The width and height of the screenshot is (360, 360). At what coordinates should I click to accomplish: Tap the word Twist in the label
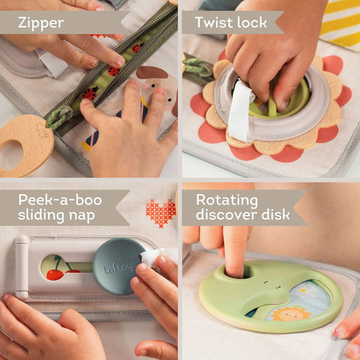click(213, 22)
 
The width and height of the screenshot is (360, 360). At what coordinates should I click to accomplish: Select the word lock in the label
click(251, 22)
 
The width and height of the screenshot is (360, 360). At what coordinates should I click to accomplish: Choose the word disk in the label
click(272, 217)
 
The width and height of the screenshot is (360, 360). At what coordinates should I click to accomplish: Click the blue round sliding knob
click(118, 265)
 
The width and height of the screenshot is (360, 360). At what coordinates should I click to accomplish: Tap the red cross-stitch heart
click(160, 212)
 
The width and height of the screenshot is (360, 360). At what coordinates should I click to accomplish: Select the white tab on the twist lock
click(239, 112)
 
